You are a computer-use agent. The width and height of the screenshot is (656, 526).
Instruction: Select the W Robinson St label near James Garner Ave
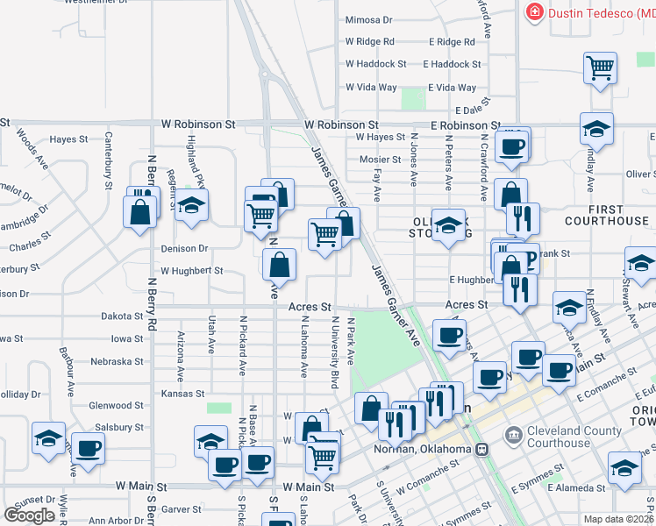[x=341, y=125]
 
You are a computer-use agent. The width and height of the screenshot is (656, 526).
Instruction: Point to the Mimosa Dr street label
[x=368, y=19]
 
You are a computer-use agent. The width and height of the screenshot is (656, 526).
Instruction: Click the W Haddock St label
[x=376, y=64]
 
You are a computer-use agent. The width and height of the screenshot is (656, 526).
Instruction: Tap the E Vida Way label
[x=452, y=88]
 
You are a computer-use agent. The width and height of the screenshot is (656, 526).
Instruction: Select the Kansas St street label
[x=182, y=394]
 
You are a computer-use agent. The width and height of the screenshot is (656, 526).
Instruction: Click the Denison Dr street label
[x=184, y=249]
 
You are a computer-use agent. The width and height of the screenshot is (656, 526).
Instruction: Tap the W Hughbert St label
[x=191, y=272]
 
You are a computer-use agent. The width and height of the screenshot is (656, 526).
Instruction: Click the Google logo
[x=30, y=515]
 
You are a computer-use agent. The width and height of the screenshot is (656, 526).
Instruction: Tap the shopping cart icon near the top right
[x=601, y=67]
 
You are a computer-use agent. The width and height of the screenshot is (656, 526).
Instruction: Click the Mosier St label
[x=380, y=160]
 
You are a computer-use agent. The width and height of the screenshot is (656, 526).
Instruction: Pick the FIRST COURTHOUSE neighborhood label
[x=607, y=215]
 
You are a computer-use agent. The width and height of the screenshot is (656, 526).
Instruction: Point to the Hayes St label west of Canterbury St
[x=68, y=139]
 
